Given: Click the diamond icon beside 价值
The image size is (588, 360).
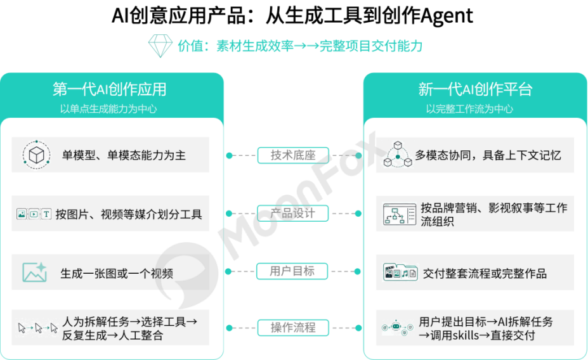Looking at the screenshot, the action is click(x=160, y=46).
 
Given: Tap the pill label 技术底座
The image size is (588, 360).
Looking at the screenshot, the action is click(x=293, y=155).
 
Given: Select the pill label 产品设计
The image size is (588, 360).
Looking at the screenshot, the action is click(x=292, y=213).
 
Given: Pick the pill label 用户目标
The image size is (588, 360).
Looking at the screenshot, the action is click(x=292, y=271).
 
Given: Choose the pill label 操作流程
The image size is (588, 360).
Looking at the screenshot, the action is click(x=293, y=328).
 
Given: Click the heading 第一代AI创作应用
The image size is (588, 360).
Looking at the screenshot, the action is click(x=110, y=89).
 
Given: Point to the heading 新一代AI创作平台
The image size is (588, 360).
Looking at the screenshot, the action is click(x=475, y=89).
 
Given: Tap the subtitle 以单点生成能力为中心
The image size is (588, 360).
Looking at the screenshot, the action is click(x=108, y=109).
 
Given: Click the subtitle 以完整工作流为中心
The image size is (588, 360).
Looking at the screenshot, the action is click(x=469, y=109).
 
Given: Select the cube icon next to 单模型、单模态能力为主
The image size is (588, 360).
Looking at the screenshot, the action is click(x=36, y=155).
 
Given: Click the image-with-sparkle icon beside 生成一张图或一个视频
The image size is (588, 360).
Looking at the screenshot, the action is click(x=34, y=272).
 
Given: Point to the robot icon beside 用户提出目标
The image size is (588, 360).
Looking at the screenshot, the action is click(x=396, y=328).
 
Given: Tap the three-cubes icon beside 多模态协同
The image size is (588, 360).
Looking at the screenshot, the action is click(x=398, y=155).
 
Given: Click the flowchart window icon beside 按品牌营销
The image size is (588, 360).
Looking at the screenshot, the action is click(x=400, y=214).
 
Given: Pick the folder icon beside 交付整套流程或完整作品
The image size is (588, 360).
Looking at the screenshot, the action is click(x=400, y=272).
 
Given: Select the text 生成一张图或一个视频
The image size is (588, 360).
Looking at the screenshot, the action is click(x=117, y=273).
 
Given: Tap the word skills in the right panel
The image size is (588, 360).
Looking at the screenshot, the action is click(x=466, y=335).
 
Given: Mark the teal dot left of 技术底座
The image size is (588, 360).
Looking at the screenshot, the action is click(x=230, y=155).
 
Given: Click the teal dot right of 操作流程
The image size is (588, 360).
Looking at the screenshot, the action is click(x=358, y=328).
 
